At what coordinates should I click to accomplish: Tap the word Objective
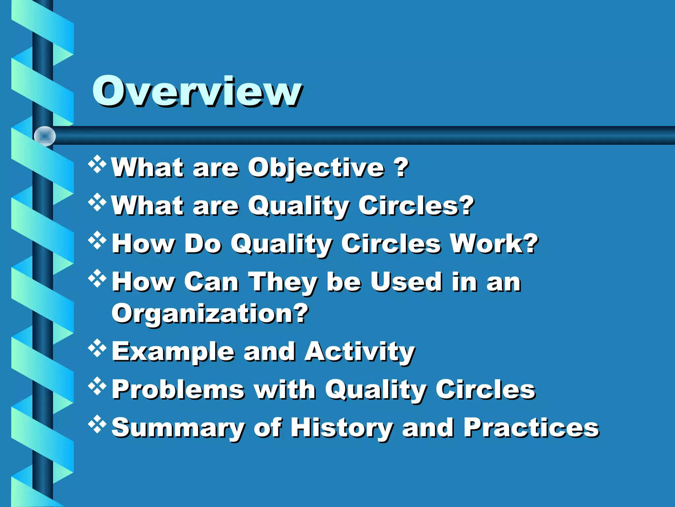(x=316, y=168)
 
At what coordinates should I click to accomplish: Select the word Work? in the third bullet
(x=494, y=244)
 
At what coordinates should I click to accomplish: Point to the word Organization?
(x=210, y=314)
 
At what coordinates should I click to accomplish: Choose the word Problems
(x=178, y=389)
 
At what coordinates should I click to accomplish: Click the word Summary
(x=178, y=428)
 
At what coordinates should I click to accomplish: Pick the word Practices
(x=531, y=427)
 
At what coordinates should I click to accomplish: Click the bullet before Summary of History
(x=97, y=424)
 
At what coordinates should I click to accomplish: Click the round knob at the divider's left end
(x=45, y=136)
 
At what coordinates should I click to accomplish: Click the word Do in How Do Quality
(x=202, y=244)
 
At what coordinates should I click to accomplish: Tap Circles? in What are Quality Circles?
(x=416, y=206)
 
